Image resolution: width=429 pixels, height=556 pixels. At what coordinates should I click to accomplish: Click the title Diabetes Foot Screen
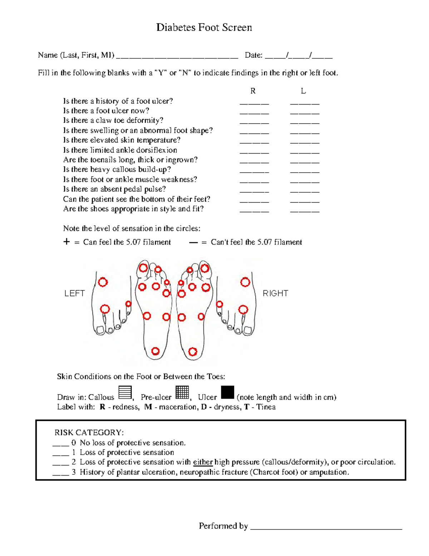(204, 28)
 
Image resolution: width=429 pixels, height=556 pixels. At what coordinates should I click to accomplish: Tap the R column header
(253, 91)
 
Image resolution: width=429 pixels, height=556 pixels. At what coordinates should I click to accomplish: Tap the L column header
(303, 91)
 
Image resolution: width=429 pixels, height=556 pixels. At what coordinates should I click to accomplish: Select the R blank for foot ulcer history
(254, 103)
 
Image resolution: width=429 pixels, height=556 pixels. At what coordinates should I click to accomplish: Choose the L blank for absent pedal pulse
(305, 191)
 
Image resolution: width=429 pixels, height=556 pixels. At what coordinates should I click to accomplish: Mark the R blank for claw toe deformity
(254, 123)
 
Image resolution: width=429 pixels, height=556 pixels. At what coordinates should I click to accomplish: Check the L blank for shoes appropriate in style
(305, 211)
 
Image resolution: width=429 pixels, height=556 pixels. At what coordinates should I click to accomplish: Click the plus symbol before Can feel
(66, 242)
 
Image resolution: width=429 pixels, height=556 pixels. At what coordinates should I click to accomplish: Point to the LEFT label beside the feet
(74, 293)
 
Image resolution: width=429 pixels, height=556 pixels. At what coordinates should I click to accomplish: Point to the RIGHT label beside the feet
(275, 293)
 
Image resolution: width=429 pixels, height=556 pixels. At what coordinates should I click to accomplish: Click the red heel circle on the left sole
(155, 351)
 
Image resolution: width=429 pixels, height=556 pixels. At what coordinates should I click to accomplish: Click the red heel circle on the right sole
(193, 352)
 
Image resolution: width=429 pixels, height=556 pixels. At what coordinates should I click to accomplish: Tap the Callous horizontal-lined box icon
(125, 392)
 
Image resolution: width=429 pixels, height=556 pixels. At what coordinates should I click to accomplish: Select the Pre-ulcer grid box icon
(182, 392)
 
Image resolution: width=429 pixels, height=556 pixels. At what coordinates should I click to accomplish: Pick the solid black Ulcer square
(227, 392)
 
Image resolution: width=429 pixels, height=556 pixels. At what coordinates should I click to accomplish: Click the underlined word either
(203, 462)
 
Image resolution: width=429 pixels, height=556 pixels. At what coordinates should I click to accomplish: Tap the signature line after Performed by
(326, 528)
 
